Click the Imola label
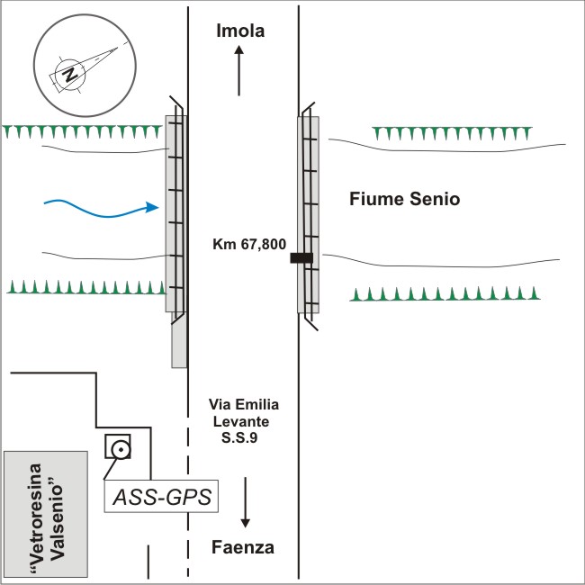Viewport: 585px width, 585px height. click(240, 31)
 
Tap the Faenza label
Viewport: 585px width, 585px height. click(243, 547)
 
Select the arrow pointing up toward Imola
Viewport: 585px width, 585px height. click(239, 72)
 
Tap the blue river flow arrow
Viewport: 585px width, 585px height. click(102, 210)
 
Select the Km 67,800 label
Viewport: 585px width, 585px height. click(249, 244)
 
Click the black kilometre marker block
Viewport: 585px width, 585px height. click(301, 258)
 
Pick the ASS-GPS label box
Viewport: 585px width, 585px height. click(163, 494)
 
